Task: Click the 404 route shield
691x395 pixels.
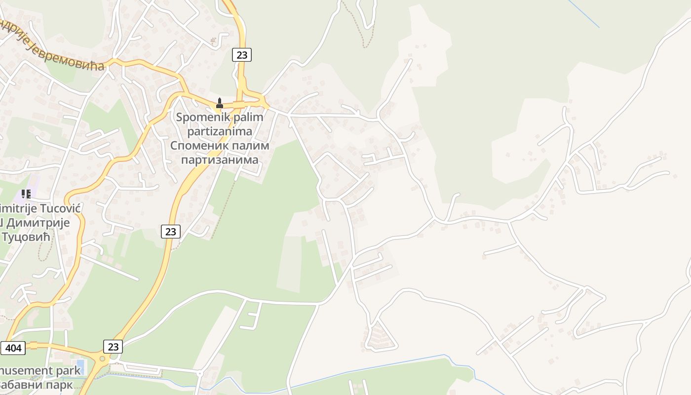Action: click(x=13, y=348)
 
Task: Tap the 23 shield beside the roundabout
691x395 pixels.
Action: click(x=113, y=347)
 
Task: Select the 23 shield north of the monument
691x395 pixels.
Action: click(x=242, y=55)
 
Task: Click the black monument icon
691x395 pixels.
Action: click(x=220, y=103)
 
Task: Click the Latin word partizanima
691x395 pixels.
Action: click(x=220, y=131)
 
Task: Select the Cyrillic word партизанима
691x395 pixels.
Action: click(x=220, y=159)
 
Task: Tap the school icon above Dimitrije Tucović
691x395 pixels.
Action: click(x=26, y=194)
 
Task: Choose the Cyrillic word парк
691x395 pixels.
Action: click(x=61, y=384)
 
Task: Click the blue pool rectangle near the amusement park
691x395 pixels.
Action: click(x=81, y=367)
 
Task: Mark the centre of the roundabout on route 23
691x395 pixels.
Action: click(x=103, y=359)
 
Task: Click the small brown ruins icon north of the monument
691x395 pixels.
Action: click(x=213, y=41)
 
